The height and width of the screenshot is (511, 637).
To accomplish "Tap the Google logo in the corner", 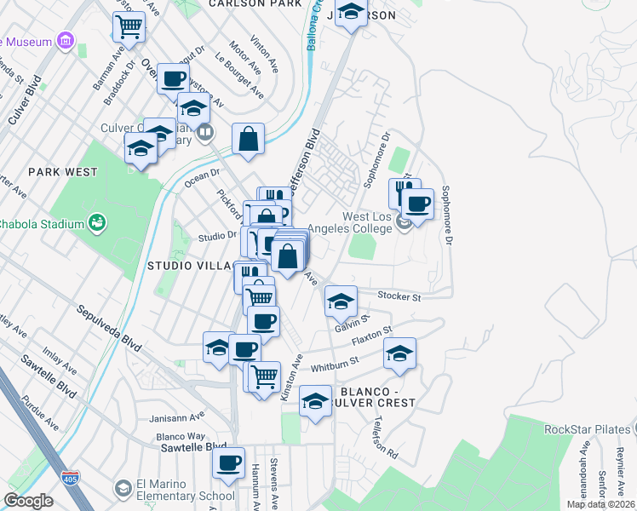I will tap(29, 501).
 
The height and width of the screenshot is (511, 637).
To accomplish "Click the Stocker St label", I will tap(399, 297).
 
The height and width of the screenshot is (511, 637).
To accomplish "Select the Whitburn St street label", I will tap(336, 365).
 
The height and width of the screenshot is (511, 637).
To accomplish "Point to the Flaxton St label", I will tap(371, 335).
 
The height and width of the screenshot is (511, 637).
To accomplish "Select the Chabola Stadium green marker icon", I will tap(98, 224).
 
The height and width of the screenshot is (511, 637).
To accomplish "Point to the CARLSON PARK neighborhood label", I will tap(255, 4).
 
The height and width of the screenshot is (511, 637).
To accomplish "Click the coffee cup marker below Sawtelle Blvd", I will tap(228, 462).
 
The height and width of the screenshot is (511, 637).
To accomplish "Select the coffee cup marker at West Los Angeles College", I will tap(417, 204).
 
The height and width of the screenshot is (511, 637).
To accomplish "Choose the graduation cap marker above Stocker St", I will tap(341, 301).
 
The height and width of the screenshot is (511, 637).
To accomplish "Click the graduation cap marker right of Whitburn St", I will tap(399, 353).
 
